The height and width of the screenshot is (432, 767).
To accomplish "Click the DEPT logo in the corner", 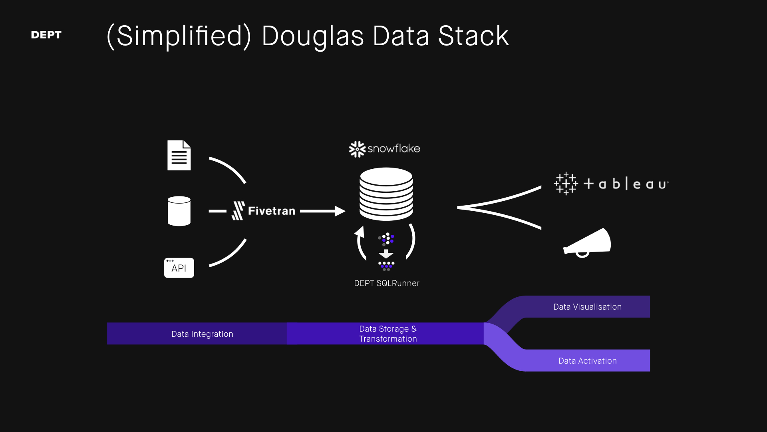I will (46, 35).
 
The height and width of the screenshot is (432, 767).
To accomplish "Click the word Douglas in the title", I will (312, 36).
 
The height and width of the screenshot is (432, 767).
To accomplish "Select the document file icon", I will (179, 155).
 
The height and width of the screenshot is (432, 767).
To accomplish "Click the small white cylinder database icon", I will (179, 211).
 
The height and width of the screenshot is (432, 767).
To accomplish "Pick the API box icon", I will (179, 268).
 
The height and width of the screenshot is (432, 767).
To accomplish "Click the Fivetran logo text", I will (271, 211).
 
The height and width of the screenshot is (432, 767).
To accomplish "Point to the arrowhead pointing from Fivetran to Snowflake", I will (340, 211).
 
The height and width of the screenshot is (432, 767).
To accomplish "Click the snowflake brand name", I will (393, 148).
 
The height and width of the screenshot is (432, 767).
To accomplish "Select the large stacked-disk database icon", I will (386, 194).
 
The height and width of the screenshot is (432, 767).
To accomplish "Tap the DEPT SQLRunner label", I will (387, 283).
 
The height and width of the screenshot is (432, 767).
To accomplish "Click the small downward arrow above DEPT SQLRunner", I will (386, 254).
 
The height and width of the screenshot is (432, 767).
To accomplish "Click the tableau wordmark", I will (626, 184).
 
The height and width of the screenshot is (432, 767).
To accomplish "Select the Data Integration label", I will (202, 334).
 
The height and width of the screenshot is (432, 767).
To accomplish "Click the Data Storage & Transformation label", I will (387, 334).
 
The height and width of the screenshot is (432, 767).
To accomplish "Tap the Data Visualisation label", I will (587, 307).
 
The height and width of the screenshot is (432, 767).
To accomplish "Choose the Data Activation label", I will (587, 361).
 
